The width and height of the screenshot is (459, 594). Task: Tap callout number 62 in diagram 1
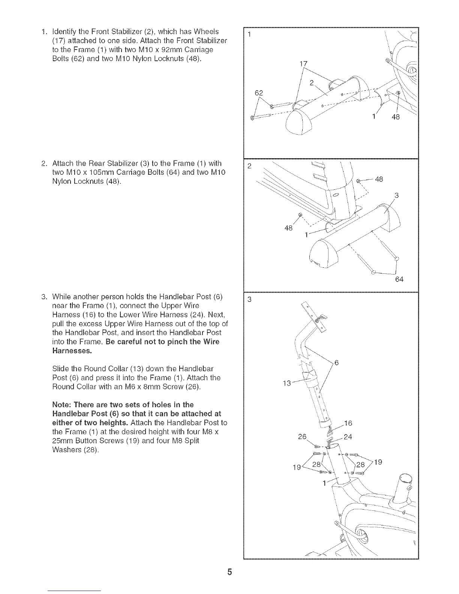tap(259, 93)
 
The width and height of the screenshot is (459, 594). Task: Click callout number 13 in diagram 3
tap(286, 383)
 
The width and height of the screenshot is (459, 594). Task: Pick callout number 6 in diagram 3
tap(336, 363)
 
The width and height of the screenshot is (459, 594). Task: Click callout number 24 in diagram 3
tap(348, 436)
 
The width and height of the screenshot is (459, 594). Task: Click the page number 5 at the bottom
tap(229, 572)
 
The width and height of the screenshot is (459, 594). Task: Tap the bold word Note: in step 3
tap(63, 404)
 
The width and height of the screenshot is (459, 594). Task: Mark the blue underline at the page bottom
tap(75, 591)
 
